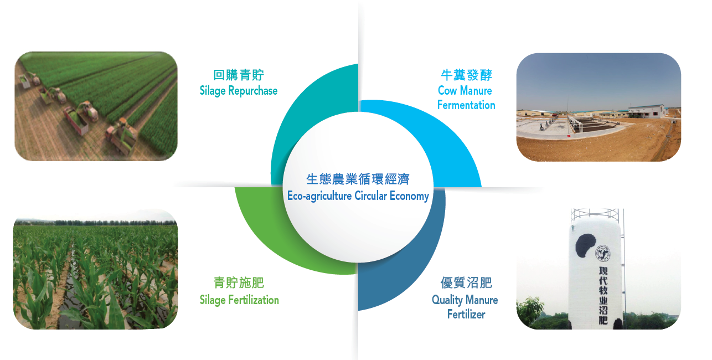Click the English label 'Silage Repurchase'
click(239, 91)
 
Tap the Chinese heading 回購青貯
click(239, 75)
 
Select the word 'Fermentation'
click(466, 105)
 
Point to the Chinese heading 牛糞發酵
click(466, 75)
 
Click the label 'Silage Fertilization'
click(239, 300)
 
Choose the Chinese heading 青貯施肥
click(239, 282)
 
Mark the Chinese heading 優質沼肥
click(466, 282)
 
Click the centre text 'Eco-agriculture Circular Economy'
click(358, 196)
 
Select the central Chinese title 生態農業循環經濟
click(358, 179)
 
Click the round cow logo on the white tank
click(603, 254)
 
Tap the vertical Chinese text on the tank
click(603, 295)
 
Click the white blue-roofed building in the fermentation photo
click(647, 111)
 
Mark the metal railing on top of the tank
click(595, 215)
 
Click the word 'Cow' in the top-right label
click(447, 91)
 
